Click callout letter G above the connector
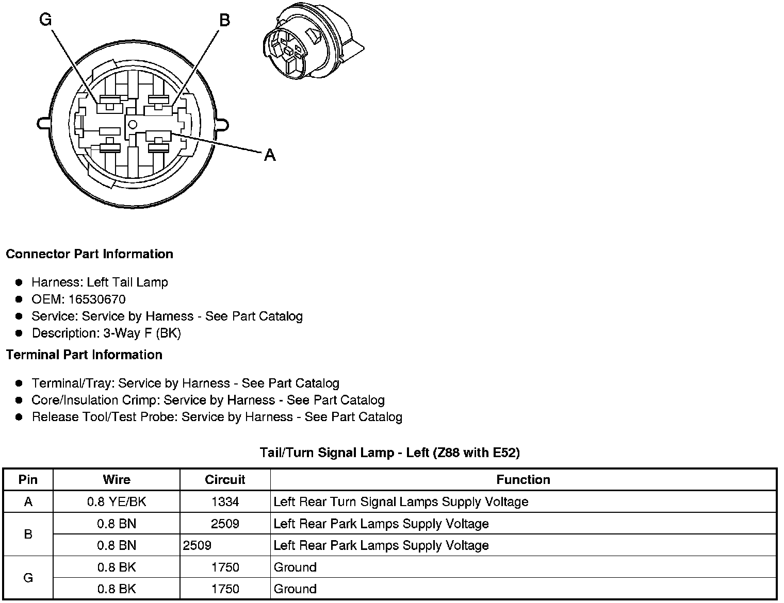[46, 20]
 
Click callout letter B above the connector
[224, 20]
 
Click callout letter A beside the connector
[270, 155]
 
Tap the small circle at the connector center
[133, 124]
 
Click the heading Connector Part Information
[89, 254]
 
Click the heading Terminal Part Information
[84, 355]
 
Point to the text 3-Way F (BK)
[142, 333]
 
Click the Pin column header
[28, 480]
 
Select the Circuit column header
[225, 480]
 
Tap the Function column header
[523, 480]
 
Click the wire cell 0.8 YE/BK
[117, 502]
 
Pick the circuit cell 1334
[225, 502]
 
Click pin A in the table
[28, 502]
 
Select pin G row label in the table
[28, 578]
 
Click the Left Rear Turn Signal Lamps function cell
[401, 502]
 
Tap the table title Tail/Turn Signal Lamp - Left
[389, 453]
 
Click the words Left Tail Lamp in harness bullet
[127, 282]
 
